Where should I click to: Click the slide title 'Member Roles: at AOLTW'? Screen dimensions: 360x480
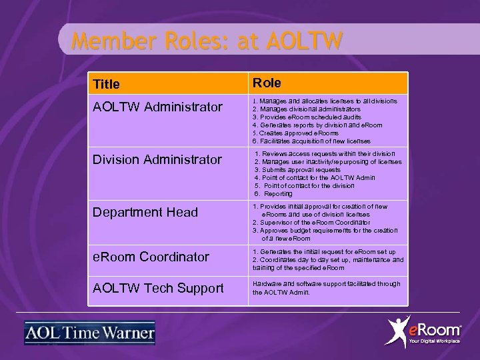coord(207,41)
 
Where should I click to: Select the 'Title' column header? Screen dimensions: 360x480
coord(107,84)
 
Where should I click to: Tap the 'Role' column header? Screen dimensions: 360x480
coord(267,83)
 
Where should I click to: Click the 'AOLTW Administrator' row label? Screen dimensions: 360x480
coord(157,107)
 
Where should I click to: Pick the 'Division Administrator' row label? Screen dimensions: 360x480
coord(157,159)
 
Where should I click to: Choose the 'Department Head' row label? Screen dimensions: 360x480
coord(145,212)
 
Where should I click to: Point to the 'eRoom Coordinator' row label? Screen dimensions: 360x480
coord(151,257)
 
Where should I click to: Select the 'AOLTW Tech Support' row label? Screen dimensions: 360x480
coord(158,288)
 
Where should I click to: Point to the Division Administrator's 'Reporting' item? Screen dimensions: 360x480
coord(277,193)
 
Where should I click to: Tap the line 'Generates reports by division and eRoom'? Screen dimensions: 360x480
coord(317,125)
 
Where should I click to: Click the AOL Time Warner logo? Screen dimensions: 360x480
coord(89,333)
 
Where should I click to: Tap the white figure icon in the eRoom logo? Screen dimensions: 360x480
coord(398,331)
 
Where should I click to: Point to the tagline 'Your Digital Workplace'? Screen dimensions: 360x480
coord(434,341)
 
